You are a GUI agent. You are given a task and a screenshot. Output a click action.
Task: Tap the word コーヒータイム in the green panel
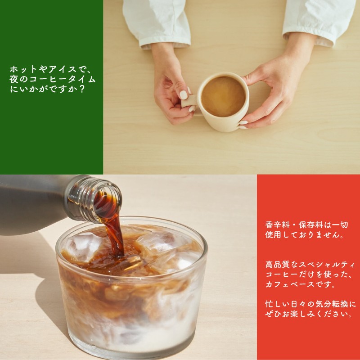point(63,79)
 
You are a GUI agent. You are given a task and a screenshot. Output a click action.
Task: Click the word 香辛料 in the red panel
point(277,225)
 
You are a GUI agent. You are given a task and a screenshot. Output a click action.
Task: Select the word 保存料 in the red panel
point(310,225)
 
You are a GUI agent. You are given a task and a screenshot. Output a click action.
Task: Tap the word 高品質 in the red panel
point(277,265)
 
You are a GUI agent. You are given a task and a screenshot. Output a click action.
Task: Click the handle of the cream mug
point(189,100)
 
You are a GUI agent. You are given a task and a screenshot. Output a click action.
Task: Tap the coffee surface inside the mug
point(223,96)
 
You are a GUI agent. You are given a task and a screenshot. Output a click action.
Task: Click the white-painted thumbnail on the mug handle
point(184,94)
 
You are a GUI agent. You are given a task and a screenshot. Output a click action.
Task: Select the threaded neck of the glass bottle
point(94,199)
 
